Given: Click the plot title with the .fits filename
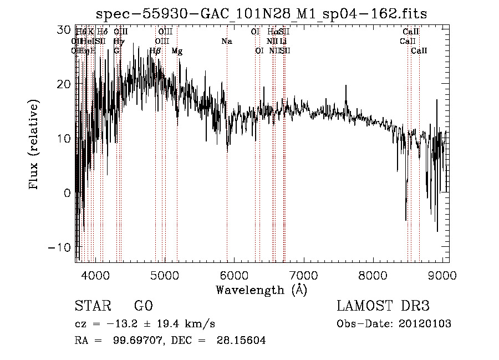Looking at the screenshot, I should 261,13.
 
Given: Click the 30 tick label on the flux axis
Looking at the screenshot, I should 65,29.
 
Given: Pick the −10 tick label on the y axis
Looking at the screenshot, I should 61,247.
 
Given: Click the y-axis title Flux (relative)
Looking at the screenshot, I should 34,145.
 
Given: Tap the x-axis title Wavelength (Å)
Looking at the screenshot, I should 261,290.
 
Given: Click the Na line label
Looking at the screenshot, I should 227,42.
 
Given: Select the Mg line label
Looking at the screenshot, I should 177,51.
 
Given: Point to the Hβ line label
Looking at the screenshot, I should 155,51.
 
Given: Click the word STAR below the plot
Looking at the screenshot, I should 93,306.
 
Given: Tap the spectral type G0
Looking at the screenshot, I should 143,306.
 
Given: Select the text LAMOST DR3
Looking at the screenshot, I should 383,306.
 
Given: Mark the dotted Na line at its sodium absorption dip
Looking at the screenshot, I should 227,147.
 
